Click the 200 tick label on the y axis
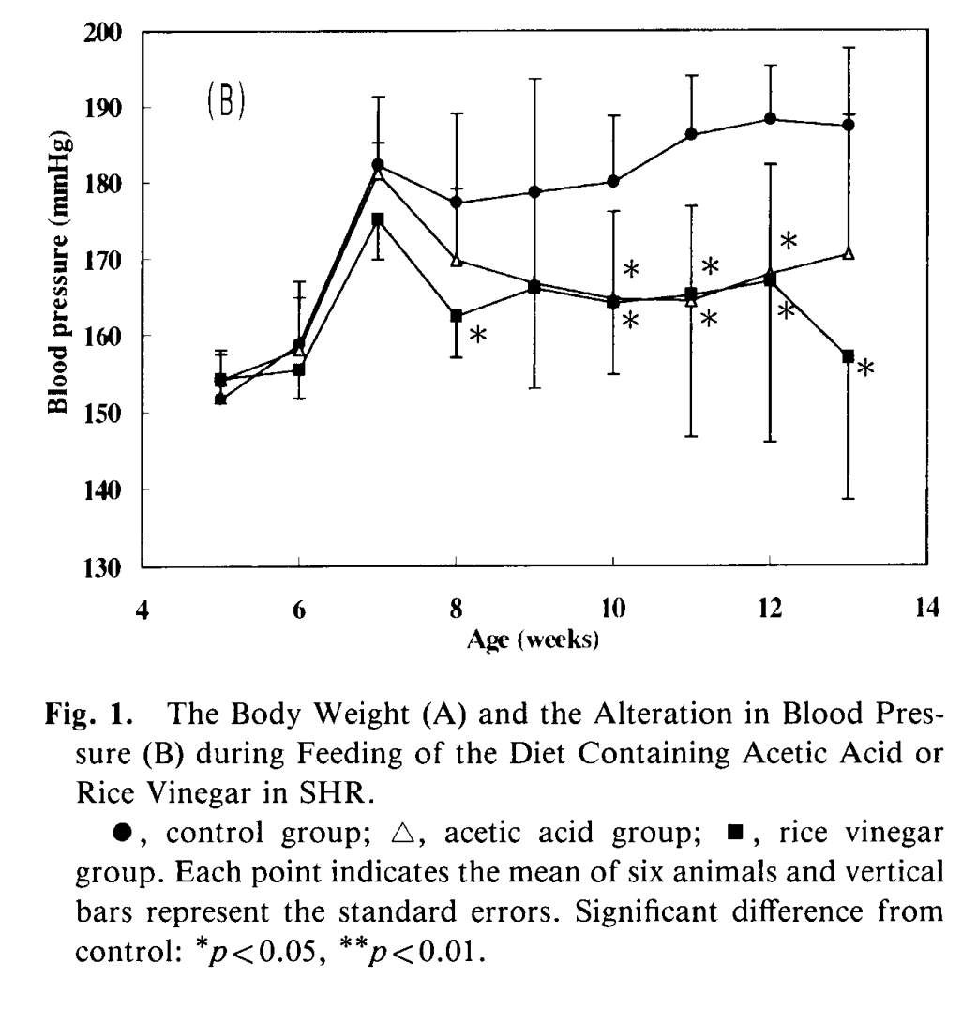(102, 32)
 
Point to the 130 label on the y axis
(102, 568)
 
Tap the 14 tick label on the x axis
(926, 607)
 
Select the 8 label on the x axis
(457, 608)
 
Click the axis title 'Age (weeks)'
(533, 640)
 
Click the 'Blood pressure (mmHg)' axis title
(58, 276)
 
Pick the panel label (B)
(226, 101)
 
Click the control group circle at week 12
(770, 118)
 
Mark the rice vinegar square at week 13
(849, 355)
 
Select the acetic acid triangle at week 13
(849, 253)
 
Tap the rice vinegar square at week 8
(457, 315)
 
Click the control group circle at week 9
(534, 191)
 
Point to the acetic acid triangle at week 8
(457, 260)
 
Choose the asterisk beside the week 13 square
(865, 368)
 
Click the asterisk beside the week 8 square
(477, 335)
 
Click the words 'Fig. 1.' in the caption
(89, 714)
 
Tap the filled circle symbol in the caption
(122, 833)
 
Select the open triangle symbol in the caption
(403, 833)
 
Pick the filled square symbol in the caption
(736, 834)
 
